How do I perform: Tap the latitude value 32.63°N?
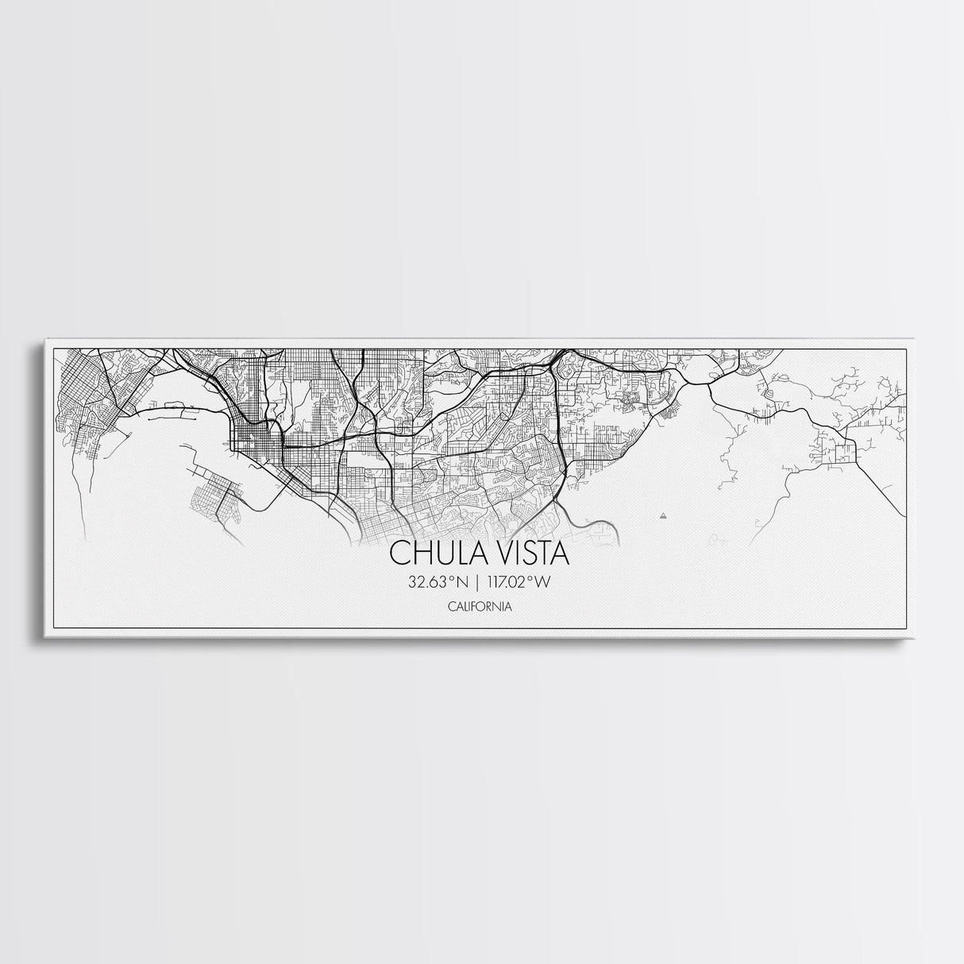pos(437,582)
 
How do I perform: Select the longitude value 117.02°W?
pos(518,582)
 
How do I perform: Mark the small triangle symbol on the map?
pos(663,515)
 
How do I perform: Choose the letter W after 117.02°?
pos(542,582)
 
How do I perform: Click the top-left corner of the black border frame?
pos(53,349)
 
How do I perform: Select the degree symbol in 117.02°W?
pos(530,579)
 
